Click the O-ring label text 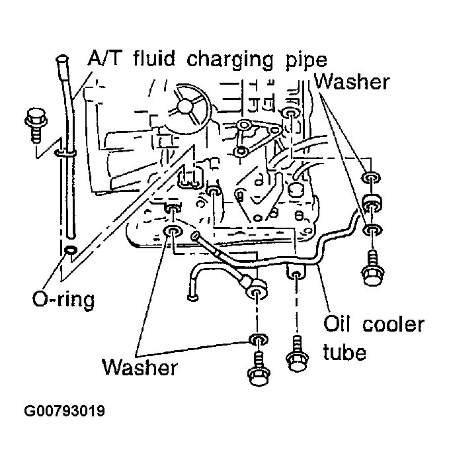(63, 299)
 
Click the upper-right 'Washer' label (352, 82)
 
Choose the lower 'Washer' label (140, 367)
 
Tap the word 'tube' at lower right (344, 352)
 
